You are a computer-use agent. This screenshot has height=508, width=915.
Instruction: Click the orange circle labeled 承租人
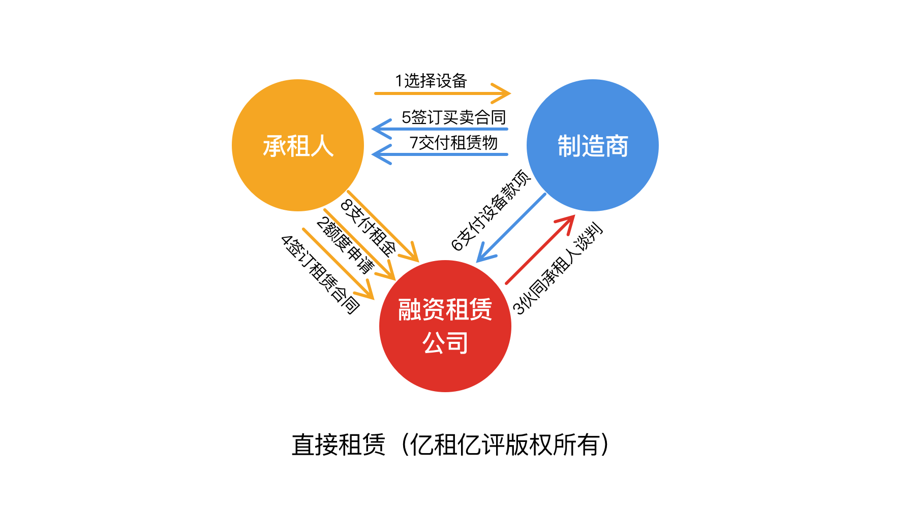coord(298,145)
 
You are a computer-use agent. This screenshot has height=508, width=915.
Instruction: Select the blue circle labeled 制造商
coord(593,145)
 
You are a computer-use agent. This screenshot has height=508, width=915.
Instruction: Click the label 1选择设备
coord(431,81)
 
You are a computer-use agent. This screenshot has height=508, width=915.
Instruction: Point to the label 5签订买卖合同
coord(453,117)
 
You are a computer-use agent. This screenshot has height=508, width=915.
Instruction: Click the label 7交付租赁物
coord(453,143)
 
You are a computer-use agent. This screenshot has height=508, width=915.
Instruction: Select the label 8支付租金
coord(368,227)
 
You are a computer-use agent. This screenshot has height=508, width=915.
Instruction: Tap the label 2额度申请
coord(345,245)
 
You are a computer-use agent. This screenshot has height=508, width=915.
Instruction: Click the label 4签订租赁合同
coord(321,274)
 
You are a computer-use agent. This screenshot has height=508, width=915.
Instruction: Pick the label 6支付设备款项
coord(491,210)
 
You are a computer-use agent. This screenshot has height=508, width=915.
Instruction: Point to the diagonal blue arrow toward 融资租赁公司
coord(511,228)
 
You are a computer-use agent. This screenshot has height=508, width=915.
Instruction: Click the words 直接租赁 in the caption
coord(339,444)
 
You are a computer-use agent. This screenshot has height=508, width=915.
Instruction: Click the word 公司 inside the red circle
coord(445,343)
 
